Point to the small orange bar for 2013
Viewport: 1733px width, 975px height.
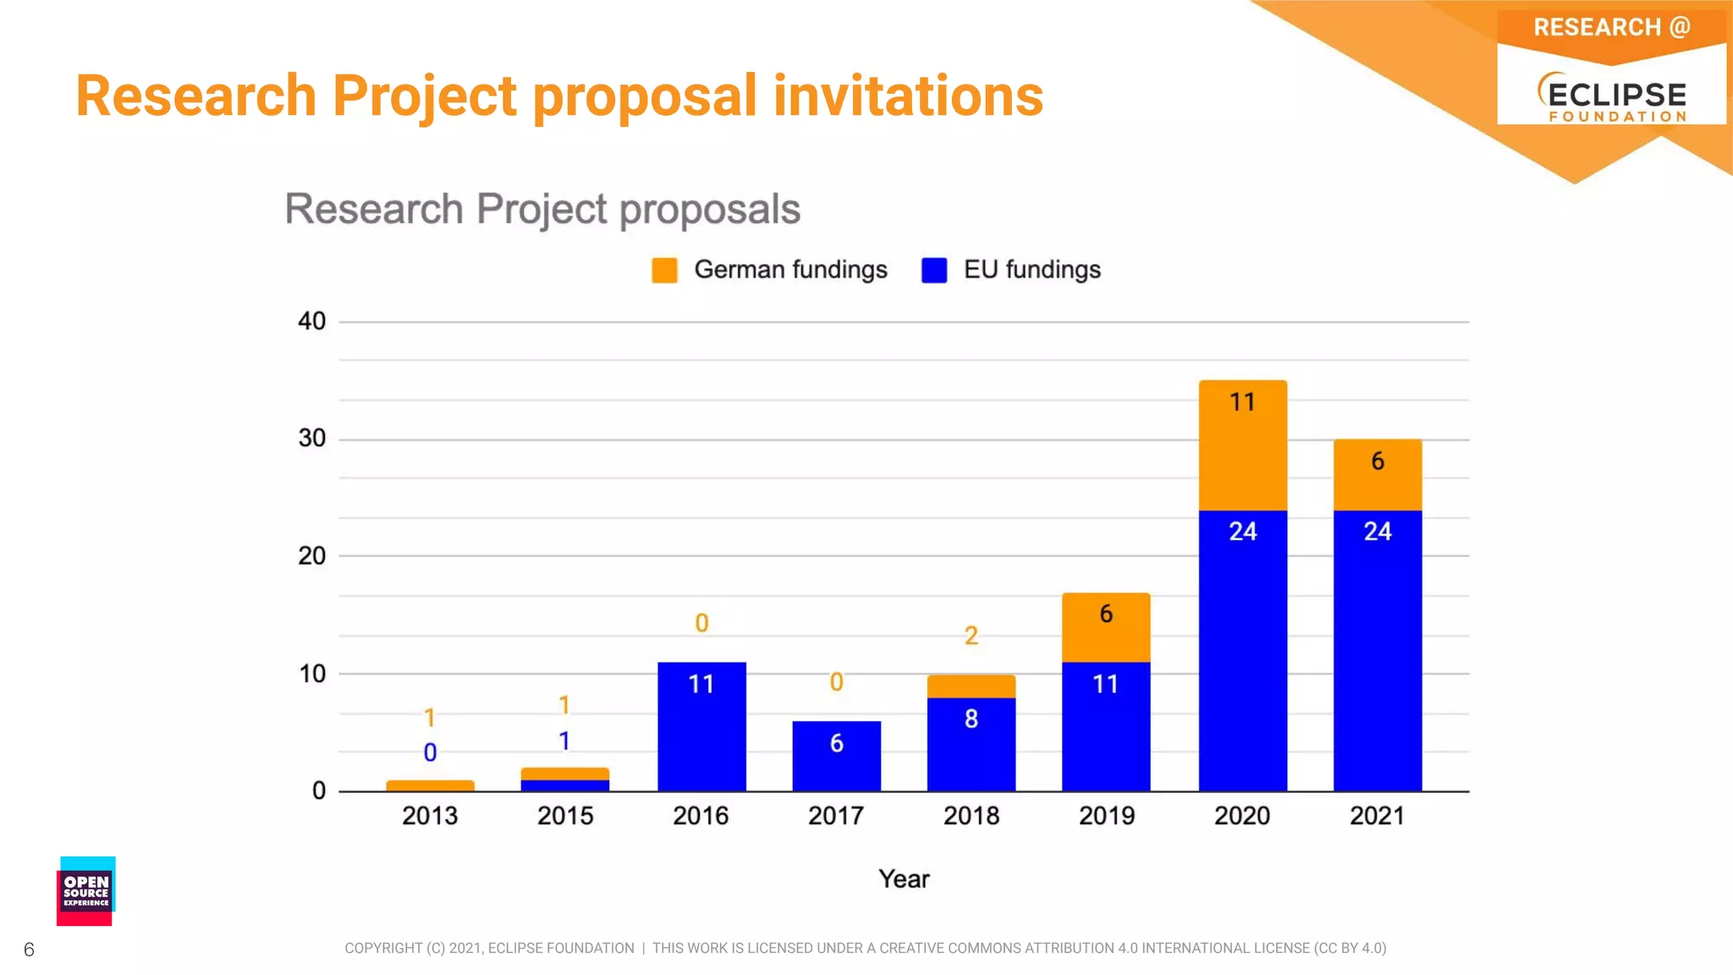(430, 785)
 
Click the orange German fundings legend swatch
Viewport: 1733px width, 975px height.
(664, 270)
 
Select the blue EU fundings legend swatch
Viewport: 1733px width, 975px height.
(934, 270)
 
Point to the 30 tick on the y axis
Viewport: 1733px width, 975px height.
(311, 438)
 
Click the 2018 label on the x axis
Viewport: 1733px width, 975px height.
(971, 816)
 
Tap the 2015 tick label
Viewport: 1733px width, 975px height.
(565, 816)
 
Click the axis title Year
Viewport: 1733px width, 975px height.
(904, 879)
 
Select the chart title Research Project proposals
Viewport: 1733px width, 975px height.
(542, 209)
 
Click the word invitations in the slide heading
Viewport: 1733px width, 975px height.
(908, 96)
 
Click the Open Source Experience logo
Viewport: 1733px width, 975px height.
(85, 891)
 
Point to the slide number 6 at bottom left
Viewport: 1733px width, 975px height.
(29, 950)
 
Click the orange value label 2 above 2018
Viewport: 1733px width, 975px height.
(971, 636)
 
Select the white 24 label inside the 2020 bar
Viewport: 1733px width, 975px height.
(1242, 532)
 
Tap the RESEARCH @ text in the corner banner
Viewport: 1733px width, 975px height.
(1611, 27)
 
